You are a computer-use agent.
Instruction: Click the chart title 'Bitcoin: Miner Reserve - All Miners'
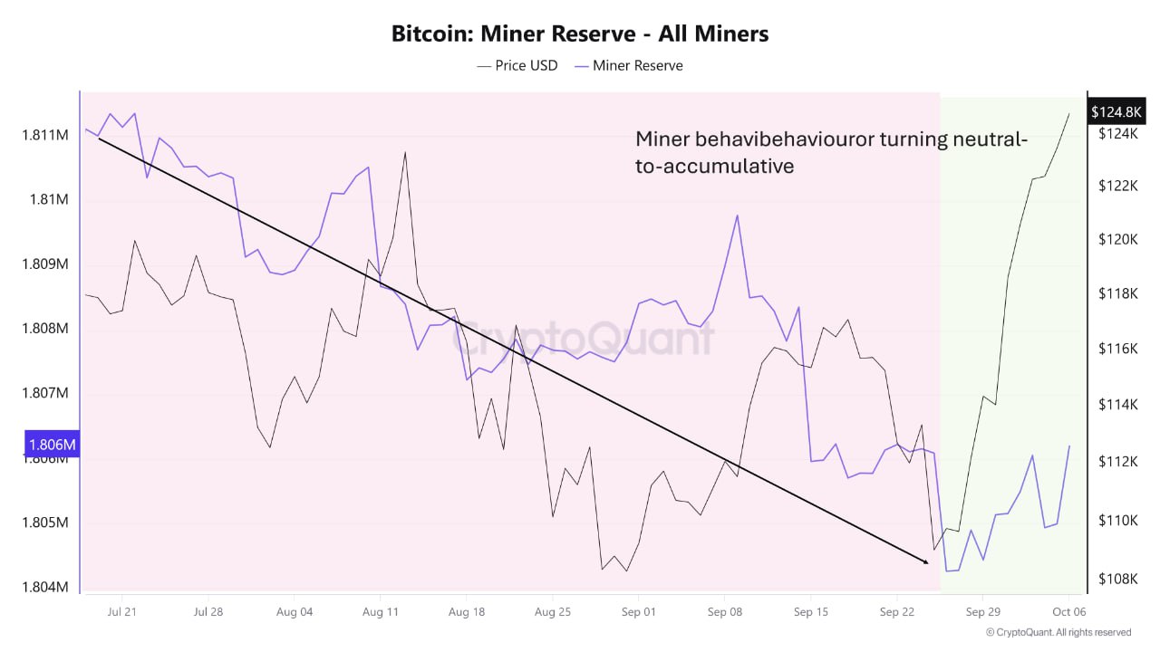click(580, 34)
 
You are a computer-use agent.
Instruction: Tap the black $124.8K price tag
click(1116, 112)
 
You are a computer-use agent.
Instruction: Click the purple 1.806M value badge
click(52, 445)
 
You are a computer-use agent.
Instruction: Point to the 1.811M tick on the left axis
click(45, 135)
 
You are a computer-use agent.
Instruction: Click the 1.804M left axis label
click(45, 588)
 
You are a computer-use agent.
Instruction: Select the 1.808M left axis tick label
click(45, 329)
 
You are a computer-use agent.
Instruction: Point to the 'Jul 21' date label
click(121, 611)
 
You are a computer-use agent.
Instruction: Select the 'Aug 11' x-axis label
click(380, 611)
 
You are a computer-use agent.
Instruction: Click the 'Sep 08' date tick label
click(724, 611)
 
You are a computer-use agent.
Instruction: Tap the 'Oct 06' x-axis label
click(1068, 611)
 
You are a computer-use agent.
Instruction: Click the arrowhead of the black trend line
click(926, 562)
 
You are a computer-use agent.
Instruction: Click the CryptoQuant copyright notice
click(1058, 632)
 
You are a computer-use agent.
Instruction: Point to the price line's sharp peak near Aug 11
click(405, 152)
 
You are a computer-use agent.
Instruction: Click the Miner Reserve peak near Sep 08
click(738, 216)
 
